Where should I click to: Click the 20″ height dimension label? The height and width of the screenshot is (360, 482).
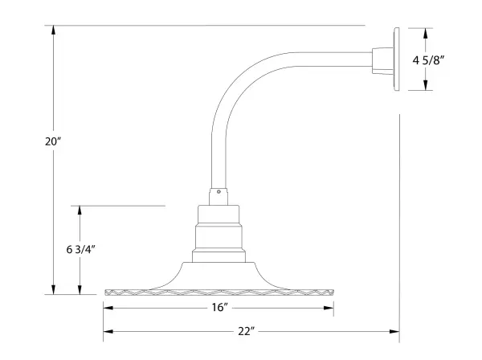[x=54, y=141]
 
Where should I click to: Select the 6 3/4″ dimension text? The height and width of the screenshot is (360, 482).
[x=81, y=249]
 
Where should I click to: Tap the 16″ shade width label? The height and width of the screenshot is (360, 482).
[x=220, y=307]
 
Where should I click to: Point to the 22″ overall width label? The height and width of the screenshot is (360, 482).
[x=247, y=331]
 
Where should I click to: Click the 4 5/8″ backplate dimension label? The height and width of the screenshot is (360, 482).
[x=428, y=60]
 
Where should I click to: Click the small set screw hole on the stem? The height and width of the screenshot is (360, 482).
[x=219, y=192]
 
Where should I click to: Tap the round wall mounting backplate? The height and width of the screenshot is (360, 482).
[x=397, y=59]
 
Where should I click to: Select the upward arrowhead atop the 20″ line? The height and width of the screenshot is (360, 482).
[x=54, y=30]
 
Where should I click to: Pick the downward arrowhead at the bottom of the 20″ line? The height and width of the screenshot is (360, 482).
[x=54, y=289]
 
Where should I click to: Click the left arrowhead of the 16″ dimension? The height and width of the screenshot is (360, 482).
[x=108, y=308]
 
